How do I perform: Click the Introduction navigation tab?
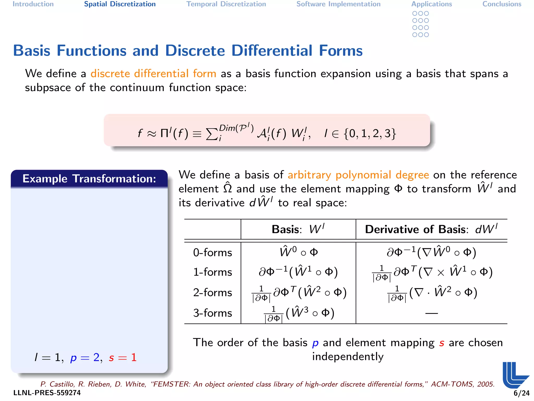[33, 4]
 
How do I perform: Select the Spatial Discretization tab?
[120, 4]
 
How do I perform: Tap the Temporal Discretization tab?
[226, 4]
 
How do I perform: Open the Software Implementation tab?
[338, 4]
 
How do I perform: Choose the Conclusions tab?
[502, 4]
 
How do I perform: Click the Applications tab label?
[432, 4]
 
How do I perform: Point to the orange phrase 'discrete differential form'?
[153, 74]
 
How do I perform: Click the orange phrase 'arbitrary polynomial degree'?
[358, 175]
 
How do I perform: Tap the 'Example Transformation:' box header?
[89, 179]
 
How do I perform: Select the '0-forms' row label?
[213, 253]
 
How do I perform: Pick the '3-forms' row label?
[213, 313]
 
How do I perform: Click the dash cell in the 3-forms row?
[431, 313]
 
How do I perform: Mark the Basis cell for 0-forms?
[299, 252]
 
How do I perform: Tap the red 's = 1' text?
[123, 357]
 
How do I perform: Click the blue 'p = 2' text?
[85, 357]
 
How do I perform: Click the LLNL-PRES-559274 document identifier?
[47, 393]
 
